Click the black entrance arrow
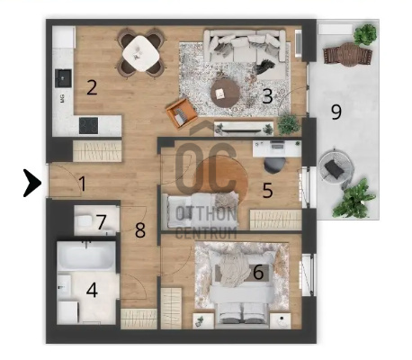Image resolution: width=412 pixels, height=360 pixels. [x=33, y=184]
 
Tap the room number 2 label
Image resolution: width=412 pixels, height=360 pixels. [x=92, y=87]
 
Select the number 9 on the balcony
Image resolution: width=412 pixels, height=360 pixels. [x=336, y=112]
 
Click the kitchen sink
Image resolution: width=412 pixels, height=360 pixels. [x=63, y=78]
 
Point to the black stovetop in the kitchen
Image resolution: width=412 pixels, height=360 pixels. [x=88, y=125]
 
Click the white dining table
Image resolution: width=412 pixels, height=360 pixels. [x=140, y=53]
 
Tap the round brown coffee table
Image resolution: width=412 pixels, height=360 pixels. [x=225, y=94]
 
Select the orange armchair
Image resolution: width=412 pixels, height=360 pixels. [x=182, y=113]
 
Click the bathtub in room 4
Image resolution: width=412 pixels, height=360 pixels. [x=86, y=256]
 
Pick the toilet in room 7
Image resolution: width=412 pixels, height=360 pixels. [x=84, y=221]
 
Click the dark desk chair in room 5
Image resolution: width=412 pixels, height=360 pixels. [x=274, y=166]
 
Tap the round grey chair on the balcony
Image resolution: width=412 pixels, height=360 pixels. [x=336, y=168]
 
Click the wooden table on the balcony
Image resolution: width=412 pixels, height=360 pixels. [x=348, y=55]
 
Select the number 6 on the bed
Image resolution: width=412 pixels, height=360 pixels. [x=258, y=272]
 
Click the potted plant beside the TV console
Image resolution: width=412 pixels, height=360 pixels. [x=289, y=124]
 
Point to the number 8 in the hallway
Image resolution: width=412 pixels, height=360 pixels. [x=140, y=230]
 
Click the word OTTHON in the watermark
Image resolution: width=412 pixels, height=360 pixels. [x=206, y=214]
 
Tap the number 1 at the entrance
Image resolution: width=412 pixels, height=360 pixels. [x=83, y=184]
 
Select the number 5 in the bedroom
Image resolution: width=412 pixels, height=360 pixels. [x=267, y=190]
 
